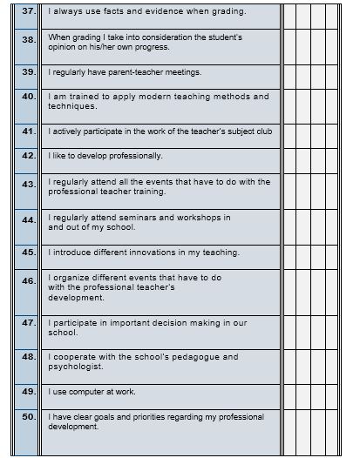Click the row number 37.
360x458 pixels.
tap(28, 11)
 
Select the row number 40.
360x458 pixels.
tap(28, 98)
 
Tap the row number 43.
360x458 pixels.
tap(28, 185)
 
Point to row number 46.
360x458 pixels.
tap(28, 281)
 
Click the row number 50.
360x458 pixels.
tap(28, 417)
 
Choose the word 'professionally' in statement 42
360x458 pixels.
tap(111, 156)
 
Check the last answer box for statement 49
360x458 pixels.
tap(339, 392)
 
